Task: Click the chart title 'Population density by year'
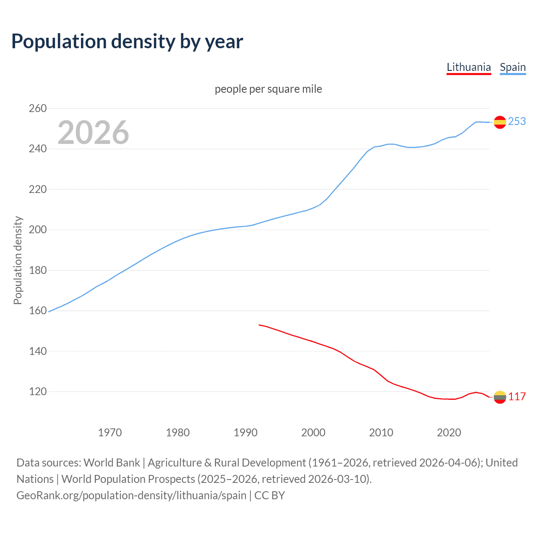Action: pyautogui.click(x=127, y=42)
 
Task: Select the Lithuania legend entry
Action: pyautogui.click(x=469, y=67)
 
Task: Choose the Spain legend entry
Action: pyautogui.click(x=513, y=67)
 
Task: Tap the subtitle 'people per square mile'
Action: pyautogui.click(x=268, y=89)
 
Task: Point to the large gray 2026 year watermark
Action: pyautogui.click(x=93, y=133)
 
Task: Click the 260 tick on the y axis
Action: pyautogui.click(x=38, y=108)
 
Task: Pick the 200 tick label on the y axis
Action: pyautogui.click(x=38, y=230)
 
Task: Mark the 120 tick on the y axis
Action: pyautogui.click(x=38, y=391)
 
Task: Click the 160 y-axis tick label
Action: pyautogui.click(x=38, y=311)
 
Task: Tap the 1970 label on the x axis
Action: pyautogui.click(x=110, y=432)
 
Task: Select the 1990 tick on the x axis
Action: pyautogui.click(x=245, y=432)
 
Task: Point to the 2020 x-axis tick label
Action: pyautogui.click(x=449, y=432)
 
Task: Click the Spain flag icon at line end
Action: pyautogui.click(x=500, y=122)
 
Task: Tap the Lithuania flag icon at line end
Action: pyautogui.click(x=500, y=397)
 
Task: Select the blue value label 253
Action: pyautogui.click(x=517, y=121)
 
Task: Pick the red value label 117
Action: pyautogui.click(x=517, y=397)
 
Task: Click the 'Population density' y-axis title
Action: pyautogui.click(x=18, y=260)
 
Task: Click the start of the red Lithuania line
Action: pyautogui.click(x=259, y=325)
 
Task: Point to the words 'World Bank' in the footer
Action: pyautogui.click(x=112, y=463)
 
